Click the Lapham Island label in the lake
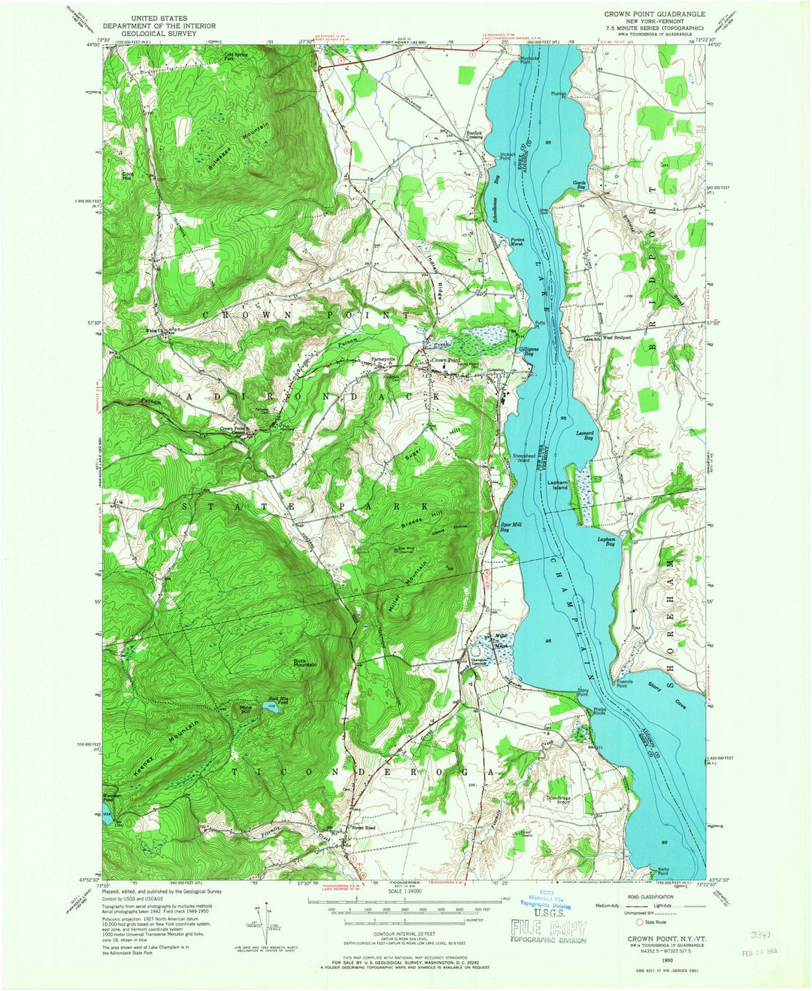[x=557, y=485]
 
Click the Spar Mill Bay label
[x=511, y=527]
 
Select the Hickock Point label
[x=507, y=157]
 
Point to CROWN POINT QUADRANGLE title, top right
[x=655, y=14]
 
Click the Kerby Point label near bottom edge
[x=663, y=871]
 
